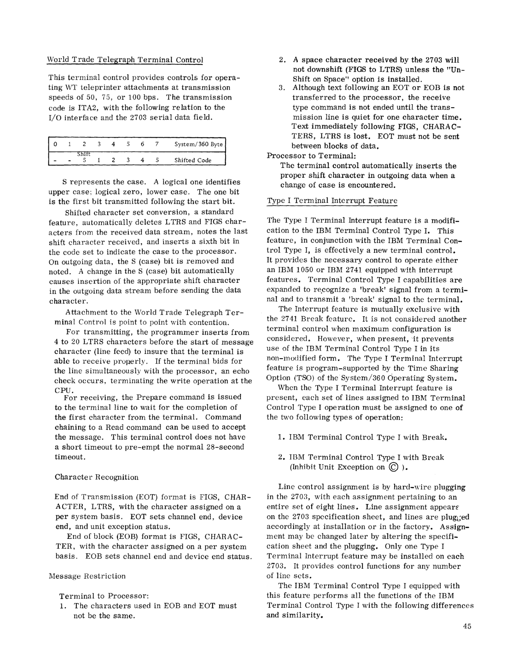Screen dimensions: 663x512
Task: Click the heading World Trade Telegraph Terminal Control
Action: coord(125,60)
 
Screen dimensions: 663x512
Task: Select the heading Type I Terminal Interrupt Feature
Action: coord(332,201)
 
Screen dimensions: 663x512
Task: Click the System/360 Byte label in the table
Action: coord(199,144)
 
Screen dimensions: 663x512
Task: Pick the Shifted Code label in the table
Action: coord(193,160)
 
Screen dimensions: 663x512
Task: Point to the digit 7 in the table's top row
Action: coord(157,144)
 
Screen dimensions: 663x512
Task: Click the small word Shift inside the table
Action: coord(84,154)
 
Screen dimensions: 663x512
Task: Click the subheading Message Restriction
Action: coord(87,576)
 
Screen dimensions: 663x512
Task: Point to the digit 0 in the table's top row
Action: coord(55,144)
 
